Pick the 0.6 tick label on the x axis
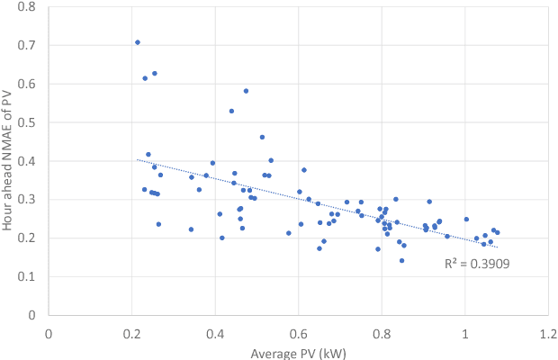click(298, 331)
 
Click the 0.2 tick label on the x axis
click(131, 331)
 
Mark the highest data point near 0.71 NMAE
click(138, 42)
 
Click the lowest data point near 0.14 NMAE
click(401, 261)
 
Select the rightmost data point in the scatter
click(497, 233)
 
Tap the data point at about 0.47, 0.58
click(246, 91)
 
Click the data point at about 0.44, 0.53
click(231, 112)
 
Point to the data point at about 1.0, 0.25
click(466, 220)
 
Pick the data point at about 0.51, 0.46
click(262, 138)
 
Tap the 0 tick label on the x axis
click(49, 331)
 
